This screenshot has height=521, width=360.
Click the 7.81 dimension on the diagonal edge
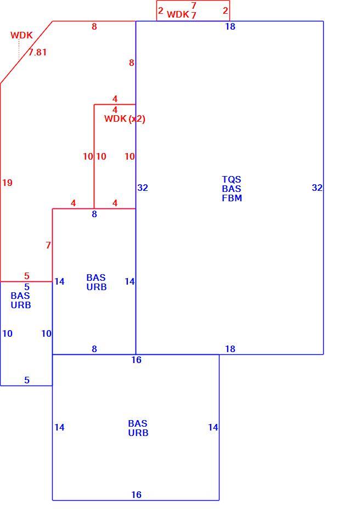(x=37, y=52)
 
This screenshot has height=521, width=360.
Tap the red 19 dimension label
(x=7, y=183)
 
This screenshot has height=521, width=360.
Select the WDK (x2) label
(x=125, y=118)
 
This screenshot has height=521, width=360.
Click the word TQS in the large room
(x=232, y=179)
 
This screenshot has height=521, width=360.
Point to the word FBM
(x=232, y=198)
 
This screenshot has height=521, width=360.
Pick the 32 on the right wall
(x=317, y=188)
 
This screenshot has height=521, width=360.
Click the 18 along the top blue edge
(x=230, y=26)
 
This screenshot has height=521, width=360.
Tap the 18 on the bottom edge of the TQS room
(x=230, y=349)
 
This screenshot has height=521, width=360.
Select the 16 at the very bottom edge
(x=136, y=495)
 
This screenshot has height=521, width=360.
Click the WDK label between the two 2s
(x=178, y=14)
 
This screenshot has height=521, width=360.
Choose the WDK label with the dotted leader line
(x=21, y=35)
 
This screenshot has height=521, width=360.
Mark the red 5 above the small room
(x=27, y=276)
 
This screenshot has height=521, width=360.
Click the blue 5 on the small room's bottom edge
(x=27, y=380)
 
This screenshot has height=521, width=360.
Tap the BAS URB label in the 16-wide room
(x=138, y=428)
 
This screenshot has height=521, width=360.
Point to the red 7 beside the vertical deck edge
(x=48, y=245)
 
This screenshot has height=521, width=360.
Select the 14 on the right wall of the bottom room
(x=213, y=427)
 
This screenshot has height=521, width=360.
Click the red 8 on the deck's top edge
(x=94, y=26)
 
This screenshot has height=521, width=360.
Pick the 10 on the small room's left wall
(x=7, y=333)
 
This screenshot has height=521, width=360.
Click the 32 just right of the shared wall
(x=143, y=188)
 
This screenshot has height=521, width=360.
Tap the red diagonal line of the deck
(x=26, y=53)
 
